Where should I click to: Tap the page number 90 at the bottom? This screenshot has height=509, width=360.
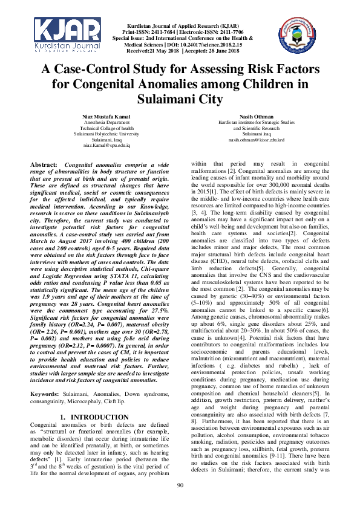click(180, 486)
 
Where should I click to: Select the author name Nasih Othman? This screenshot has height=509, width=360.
click(257, 115)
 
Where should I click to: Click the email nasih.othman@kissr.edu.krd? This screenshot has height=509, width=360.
click(257, 140)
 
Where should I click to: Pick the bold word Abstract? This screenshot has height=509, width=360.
click(45, 164)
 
